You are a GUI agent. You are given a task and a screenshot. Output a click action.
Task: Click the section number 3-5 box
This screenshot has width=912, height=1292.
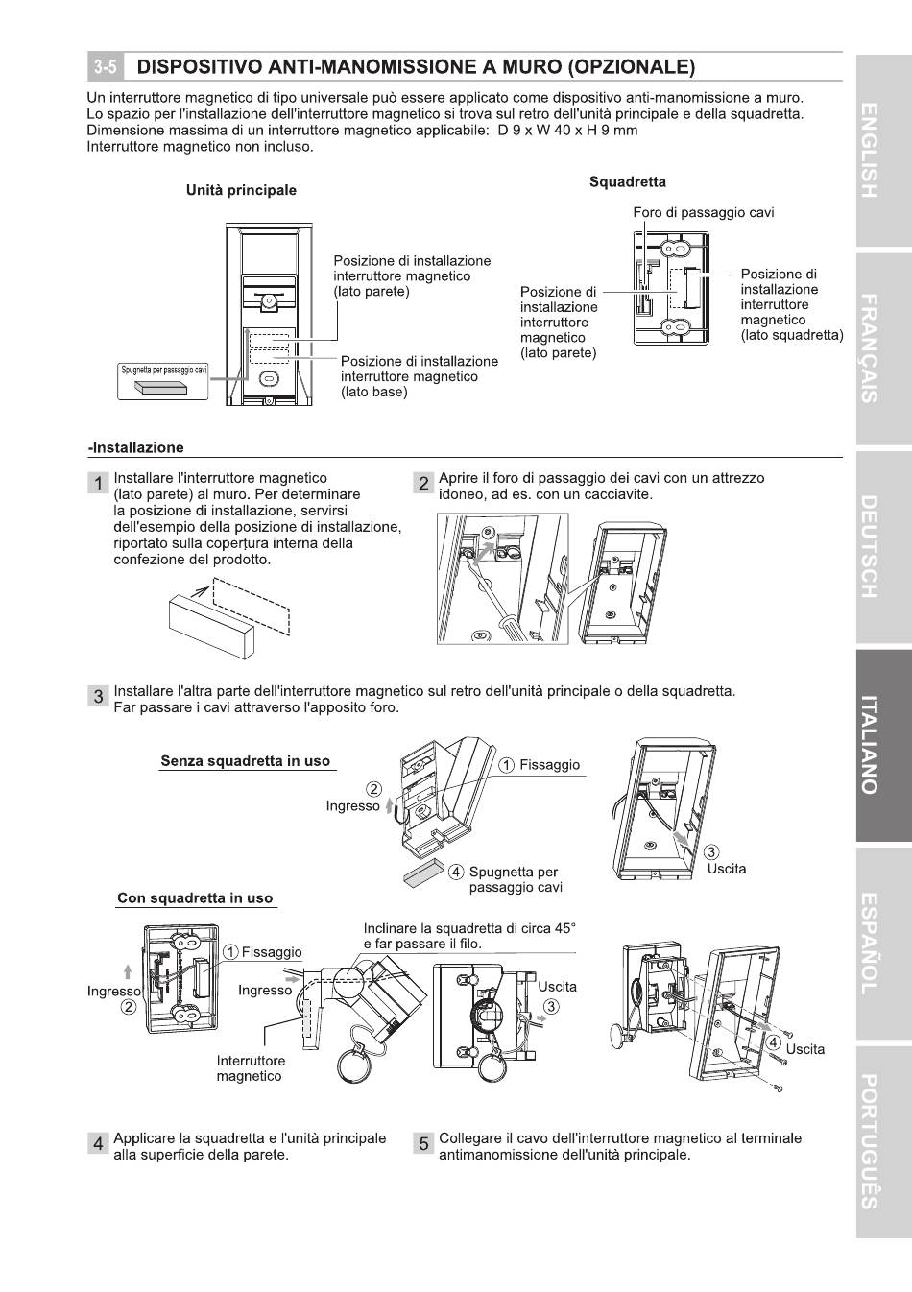(106, 66)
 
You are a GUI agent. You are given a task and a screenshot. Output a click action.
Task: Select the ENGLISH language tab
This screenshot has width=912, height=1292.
(883, 151)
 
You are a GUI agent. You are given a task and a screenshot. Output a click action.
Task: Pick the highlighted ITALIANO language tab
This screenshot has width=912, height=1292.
(883, 745)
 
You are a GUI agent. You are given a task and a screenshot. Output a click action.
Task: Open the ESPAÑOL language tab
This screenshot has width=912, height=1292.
(883, 944)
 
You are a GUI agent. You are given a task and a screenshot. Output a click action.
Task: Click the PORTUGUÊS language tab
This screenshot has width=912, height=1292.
(883, 1141)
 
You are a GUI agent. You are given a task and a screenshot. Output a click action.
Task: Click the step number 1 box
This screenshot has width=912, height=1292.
(98, 483)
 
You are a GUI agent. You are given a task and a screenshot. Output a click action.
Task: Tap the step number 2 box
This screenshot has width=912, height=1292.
(422, 483)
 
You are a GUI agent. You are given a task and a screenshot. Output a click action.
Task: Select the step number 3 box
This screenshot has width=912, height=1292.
(98, 696)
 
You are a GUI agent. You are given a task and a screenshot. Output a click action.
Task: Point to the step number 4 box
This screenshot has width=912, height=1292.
(98, 1143)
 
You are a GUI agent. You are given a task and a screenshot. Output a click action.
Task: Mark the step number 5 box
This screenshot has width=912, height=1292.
(422, 1143)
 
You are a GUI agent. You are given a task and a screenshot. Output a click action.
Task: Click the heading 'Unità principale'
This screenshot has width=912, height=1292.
(241, 190)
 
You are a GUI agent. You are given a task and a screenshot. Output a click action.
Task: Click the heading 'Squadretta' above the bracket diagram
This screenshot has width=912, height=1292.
(627, 181)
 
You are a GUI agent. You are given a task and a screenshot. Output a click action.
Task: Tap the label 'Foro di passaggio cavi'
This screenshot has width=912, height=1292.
(703, 212)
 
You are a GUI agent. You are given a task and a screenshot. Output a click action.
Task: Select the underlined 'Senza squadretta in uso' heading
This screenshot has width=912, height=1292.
(245, 761)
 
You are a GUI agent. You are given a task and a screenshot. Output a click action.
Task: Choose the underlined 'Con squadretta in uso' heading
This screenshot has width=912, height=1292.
(195, 898)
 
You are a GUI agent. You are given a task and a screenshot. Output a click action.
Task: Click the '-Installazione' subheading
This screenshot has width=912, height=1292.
(135, 447)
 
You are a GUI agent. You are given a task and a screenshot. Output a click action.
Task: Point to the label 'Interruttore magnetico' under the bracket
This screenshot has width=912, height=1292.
(250, 1068)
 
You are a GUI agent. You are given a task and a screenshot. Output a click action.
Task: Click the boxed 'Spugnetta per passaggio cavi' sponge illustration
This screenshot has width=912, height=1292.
(163, 381)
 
